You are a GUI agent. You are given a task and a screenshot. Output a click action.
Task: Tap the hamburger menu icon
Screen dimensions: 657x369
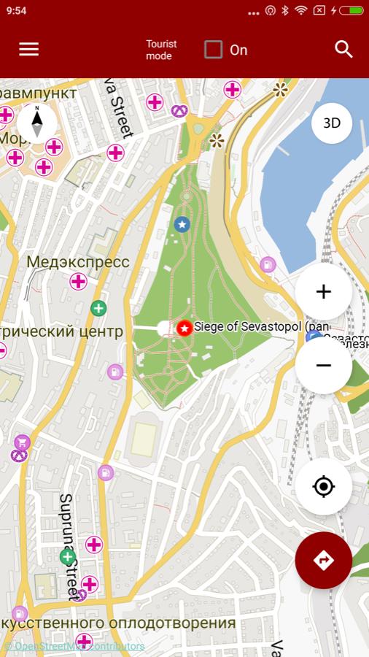(x=29, y=49)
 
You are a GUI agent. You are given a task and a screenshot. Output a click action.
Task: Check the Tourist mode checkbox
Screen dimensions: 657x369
(x=213, y=50)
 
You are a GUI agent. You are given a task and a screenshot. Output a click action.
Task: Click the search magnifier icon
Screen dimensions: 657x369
(x=343, y=49)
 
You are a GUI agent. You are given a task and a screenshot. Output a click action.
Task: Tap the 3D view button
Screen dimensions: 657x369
(x=332, y=123)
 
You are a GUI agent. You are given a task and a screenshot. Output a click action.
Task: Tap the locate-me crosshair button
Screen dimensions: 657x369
(x=324, y=487)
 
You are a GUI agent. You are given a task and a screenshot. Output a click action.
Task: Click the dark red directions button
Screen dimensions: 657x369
(x=324, y=560)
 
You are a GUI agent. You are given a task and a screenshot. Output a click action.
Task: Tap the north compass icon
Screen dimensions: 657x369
(x=36, y=122)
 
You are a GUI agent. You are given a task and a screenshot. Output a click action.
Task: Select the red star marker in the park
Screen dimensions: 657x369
(x=184, y=328)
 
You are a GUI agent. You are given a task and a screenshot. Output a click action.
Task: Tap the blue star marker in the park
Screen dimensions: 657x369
(x=182, y=224)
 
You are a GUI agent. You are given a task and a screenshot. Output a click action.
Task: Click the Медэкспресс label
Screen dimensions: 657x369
(x=78, y=262)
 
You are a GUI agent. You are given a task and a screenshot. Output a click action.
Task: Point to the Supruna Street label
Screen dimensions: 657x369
(x=68, y=546)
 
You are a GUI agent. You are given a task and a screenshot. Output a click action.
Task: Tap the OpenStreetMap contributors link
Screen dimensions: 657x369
(x=74, y=646)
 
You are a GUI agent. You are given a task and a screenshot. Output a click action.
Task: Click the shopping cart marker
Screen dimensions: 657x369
(x=22, y=442)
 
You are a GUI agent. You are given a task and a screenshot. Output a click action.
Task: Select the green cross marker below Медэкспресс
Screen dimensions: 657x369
(x=98, y=308)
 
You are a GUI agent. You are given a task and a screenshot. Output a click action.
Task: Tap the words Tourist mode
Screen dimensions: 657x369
(x=161, y=50)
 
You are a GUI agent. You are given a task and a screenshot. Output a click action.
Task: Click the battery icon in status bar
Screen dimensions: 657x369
(x=351, y=10)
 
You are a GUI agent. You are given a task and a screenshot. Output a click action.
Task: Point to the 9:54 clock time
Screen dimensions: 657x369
(x=16, y=10)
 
